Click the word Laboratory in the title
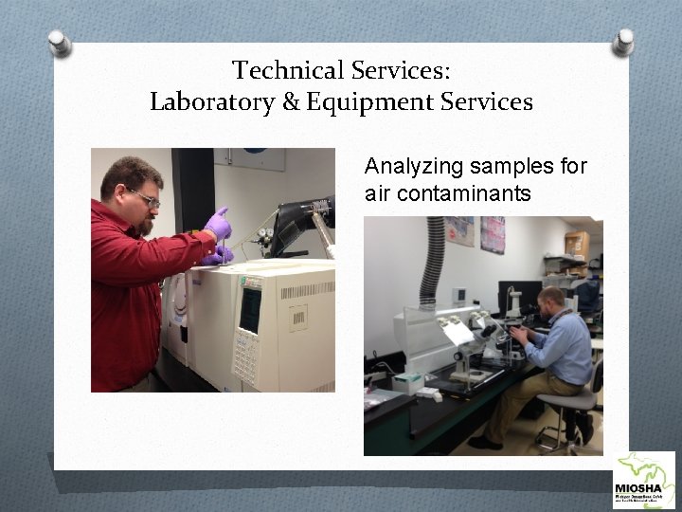click(212, 102)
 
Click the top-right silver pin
click(622, 41)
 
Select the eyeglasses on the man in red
click(145, 198)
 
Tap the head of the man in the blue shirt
click(552, 303)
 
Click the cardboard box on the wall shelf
click(576, 244)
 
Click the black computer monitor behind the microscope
click(517, 297)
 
